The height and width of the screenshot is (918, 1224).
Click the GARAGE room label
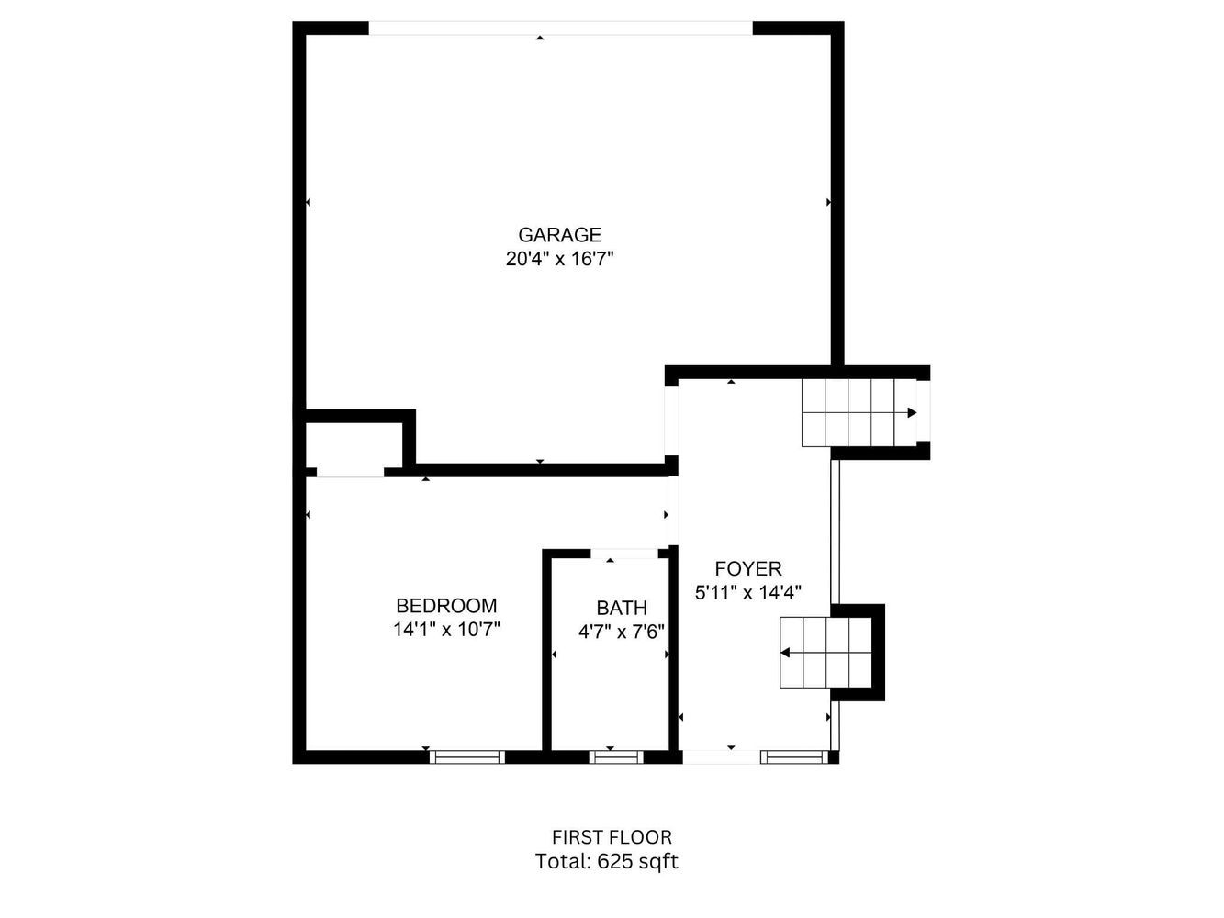pyautogui.click(x=559, y=235)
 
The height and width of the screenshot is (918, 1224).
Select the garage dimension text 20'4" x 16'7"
pyautogui.click(x=559, y=259)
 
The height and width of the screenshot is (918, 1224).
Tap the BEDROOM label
pyautogui.click(x=446, y=605)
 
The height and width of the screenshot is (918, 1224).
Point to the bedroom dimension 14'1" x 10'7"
pyautogui.click(x=446, y=629)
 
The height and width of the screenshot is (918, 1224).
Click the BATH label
pyautogui.click(x=622, y=608)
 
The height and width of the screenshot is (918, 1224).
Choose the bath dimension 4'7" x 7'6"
pyautogui.click(x=622, y=632)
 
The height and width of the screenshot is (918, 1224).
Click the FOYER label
pyautogui.click(x=748, y=568)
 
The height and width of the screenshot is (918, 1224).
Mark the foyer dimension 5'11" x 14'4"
pyautogui.click(x=748, y=592)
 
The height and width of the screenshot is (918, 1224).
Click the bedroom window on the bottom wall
pyautogui.click(x=467, y=756)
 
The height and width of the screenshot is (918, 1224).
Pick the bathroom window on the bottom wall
pyautogui.click(x=616, y=756)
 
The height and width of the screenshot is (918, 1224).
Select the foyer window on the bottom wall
pyautogui.click(x=794, y=756)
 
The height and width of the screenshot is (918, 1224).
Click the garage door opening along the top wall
pyautogui.click(x=560, y=28)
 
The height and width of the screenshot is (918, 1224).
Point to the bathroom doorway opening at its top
pyautogui.click(x=624, y=554)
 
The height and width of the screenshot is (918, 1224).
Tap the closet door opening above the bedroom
pyautogui.click(x=350, y=472)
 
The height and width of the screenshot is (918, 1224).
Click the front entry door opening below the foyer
pyautogui.click(x=721, y=756)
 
